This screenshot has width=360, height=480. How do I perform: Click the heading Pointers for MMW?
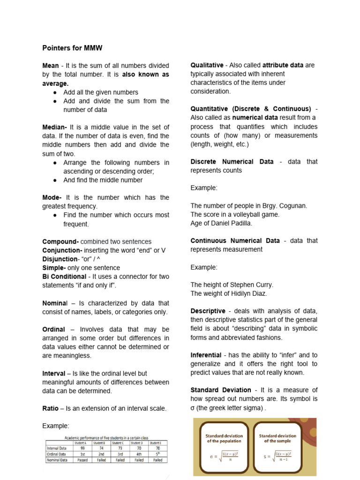click(72, 48)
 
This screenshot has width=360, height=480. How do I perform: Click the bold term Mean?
click(51, 66)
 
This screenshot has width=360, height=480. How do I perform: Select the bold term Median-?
click(55, 127)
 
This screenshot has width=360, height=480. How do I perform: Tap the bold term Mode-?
click(52, 197)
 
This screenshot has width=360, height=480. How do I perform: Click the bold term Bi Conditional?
click(64, 277)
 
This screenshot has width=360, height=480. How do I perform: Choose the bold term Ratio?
click(50, 408)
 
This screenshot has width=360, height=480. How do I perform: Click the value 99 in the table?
click(82, 448)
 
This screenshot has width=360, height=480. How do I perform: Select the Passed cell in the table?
click(82, 460)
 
